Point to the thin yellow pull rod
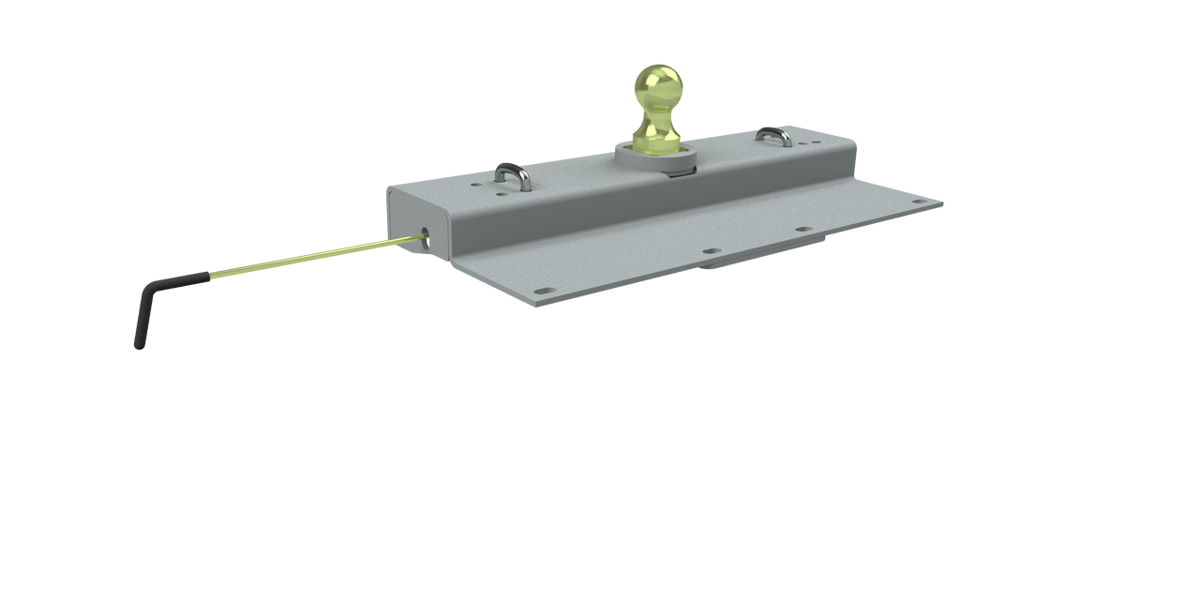(x=309, y=259)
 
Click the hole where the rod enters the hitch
(x=427, y=237)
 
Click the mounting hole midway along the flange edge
(x=711, y=251)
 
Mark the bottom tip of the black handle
(x=139, y=346)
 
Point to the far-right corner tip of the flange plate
(x=942, y=202)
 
